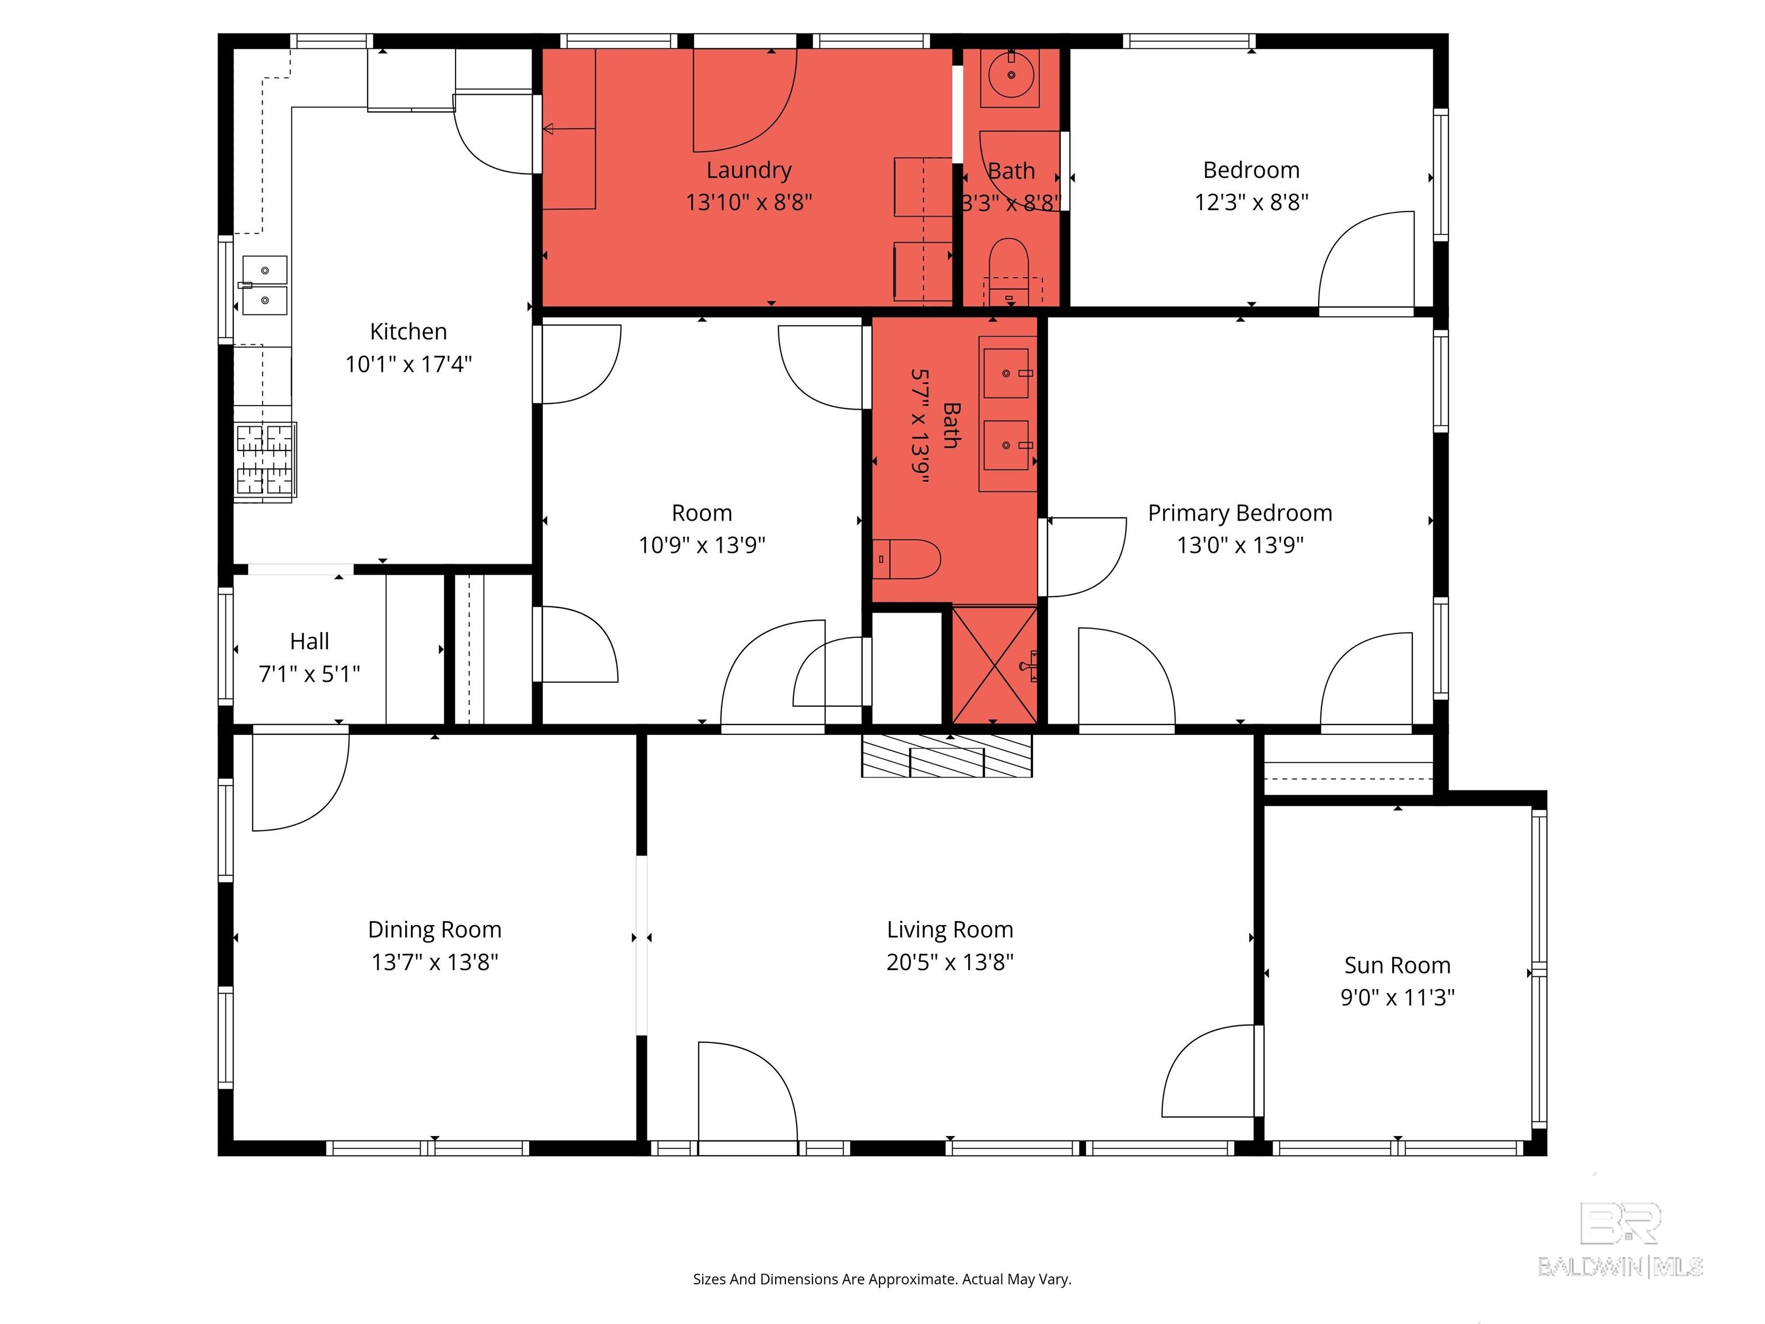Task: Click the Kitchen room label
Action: [408, 331]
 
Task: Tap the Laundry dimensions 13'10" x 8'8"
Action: [749, 202]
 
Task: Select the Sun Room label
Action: [1397, 965]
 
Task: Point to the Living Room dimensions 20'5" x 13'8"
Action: [950, 961]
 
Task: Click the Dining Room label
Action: [435, 930]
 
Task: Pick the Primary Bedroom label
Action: [1240, 513]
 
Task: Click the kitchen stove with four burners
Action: [265, 461]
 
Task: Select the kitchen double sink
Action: [264, 286]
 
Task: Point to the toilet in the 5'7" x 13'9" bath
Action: [907, 559]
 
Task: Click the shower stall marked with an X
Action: [994, 665]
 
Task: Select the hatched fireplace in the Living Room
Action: [946, 755]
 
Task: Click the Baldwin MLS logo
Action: [1621, 1240]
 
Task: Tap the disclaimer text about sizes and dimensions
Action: [882, 1279]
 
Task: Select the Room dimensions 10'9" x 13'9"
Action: [702, 545]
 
